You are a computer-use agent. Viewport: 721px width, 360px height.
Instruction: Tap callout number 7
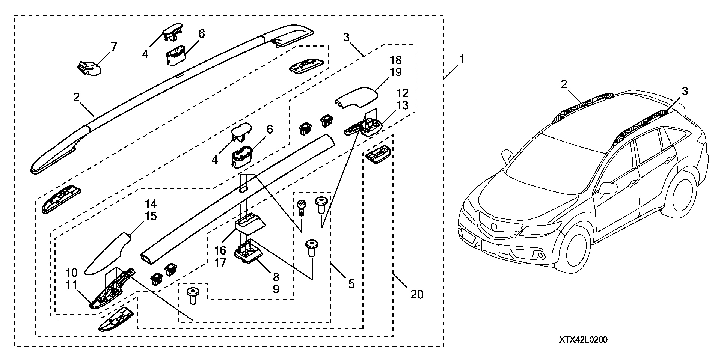coord(113,47)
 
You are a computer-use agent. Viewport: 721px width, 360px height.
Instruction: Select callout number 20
coord(417,294)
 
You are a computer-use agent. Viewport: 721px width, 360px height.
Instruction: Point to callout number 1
coord(462,59)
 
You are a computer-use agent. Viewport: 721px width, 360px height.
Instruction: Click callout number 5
coord(351,284)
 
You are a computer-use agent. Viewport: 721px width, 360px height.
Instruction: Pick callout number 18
coord(396,60)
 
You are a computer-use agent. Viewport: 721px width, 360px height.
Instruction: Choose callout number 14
coord(151,204)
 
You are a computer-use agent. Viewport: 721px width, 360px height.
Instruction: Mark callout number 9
coord(276,289)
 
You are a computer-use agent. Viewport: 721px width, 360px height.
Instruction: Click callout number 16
coord(220,250)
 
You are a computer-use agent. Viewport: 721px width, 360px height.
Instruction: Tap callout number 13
coord(403,105)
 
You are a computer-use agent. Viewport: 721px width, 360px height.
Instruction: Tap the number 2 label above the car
coord(564,84)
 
